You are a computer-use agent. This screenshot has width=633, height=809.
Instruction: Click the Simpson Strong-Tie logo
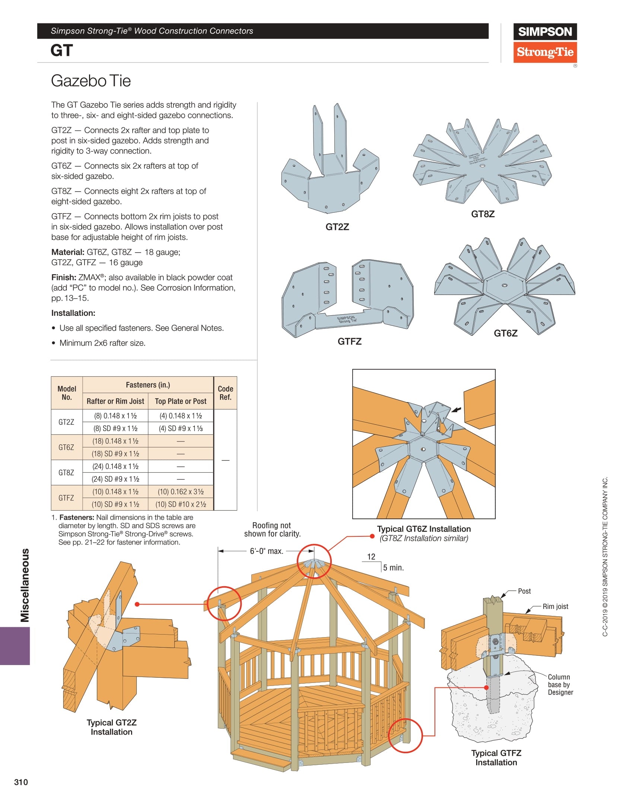click(545, 43)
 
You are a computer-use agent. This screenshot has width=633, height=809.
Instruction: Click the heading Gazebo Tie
click(91, 81)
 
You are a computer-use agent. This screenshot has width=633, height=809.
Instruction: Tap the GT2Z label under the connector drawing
click(337, 227)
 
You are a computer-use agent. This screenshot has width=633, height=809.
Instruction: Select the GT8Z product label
click(483, 214)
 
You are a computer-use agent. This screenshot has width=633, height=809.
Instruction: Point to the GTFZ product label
click(349, 341)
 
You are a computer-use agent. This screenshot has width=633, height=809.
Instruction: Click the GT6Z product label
click(505, 333)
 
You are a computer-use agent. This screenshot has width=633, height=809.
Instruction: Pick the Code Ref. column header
click(225, 393)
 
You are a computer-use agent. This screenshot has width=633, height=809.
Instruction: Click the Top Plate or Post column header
click(181, 401)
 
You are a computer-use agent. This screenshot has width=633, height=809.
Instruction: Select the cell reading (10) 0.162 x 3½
click(181, 492)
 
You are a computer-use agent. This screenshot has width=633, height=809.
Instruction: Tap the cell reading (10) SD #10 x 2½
click(181, 504)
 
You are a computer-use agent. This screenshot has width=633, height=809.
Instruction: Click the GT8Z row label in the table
click(66, 473)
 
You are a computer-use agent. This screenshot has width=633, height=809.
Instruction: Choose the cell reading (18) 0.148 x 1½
click(115, 441)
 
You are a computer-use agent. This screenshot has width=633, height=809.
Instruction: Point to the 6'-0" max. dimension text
click(267, 551)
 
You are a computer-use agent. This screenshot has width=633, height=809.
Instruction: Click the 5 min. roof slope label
click(393, 568)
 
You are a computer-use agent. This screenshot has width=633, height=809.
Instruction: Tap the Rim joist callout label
click(555, 607)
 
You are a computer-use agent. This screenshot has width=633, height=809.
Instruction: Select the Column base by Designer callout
click(560, 685)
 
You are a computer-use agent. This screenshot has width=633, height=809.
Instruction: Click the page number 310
click(21, 782)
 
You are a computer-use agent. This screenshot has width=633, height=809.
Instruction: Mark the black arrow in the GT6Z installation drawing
click(456, 410)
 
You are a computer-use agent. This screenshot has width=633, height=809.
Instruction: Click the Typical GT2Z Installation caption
click(112, 727)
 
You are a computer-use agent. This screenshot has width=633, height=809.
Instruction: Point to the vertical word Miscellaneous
click(25, 585)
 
